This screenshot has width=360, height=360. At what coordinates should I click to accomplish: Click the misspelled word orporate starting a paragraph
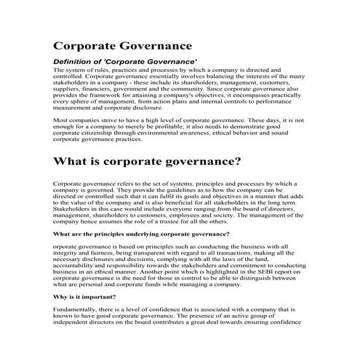tap(69, 247)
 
